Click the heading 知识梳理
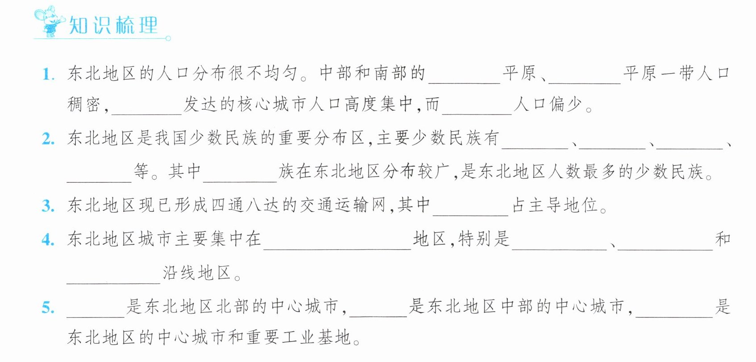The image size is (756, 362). (x=113, y=25)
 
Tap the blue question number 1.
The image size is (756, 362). (x=48, y=74)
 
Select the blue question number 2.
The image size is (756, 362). (x=48, y=139)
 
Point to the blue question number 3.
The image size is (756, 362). (x=48, y=206)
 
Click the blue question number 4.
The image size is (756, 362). (x=48, y=240)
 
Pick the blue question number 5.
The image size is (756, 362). (x=48, y=308)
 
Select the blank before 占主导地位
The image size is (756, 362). (x=470, y=215)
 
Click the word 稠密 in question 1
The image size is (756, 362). (x=84, y=104)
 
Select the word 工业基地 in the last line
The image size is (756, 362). (x=316, y=337)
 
